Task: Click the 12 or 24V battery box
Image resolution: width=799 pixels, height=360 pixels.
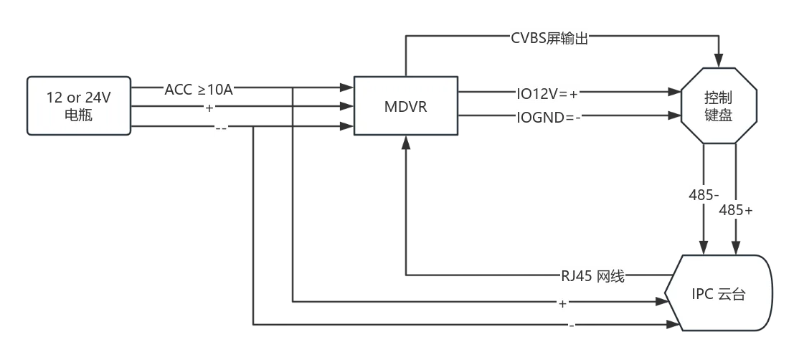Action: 79,106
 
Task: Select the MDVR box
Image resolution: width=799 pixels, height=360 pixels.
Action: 406,106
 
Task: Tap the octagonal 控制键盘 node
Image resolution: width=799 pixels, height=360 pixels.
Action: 719,106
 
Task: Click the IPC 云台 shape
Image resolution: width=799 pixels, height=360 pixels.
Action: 719,293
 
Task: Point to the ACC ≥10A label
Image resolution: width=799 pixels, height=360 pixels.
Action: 199,90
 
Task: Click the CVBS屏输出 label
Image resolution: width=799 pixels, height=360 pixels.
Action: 550,38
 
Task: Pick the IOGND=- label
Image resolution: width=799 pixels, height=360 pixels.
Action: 549,117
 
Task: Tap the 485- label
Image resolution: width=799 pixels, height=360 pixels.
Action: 704,194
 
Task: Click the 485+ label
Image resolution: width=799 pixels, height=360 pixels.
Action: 736,210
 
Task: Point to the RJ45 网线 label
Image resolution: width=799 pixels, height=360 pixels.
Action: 592,277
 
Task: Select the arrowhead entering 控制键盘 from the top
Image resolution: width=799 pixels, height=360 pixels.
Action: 719,61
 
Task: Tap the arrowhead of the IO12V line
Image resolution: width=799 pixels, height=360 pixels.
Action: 675,93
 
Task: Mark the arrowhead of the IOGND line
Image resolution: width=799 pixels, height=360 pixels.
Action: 675,115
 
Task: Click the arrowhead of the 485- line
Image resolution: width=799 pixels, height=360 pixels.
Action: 704,249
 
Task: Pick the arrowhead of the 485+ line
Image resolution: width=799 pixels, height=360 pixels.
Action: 736,249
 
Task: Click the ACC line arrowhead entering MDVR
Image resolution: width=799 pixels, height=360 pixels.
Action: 347,87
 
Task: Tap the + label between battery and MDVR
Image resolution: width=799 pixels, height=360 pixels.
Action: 209,108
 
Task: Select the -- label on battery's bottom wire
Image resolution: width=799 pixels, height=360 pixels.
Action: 221,128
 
